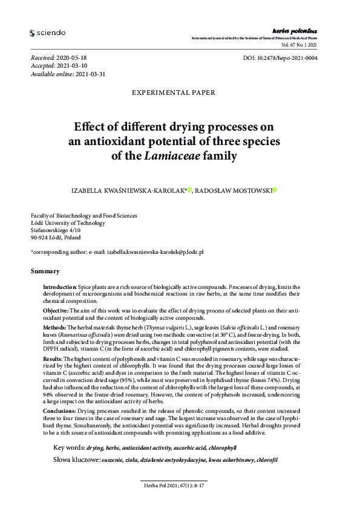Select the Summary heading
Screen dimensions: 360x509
(45, 271)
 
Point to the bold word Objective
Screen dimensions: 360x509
(56, 309)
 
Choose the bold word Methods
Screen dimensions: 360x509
(54, 326)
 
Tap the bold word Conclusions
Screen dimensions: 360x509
(59, 410)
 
